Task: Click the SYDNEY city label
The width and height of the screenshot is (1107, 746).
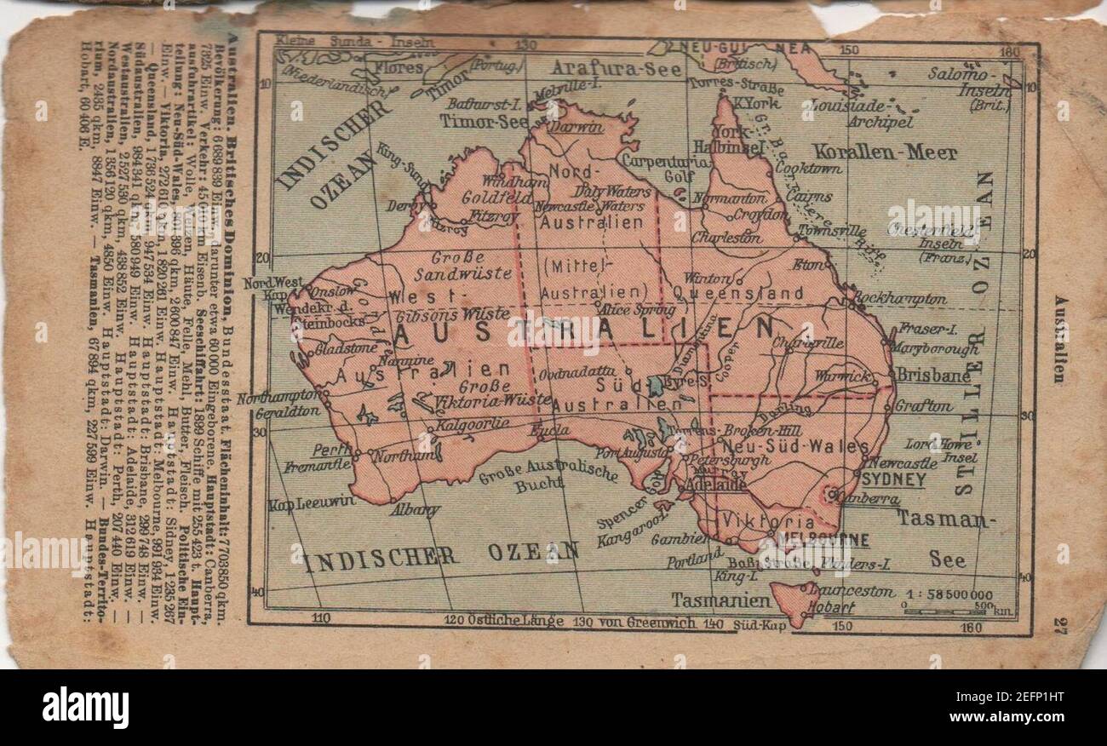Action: pyautogui.click(x=894, y=480)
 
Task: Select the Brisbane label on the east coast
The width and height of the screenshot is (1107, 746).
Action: pyautogui.click(x=932, y=376)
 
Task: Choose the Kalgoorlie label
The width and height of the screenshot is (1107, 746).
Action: pyautogui.click(x=473, y=423)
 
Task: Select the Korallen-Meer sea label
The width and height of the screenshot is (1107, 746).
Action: pyautogui.click(x=884, y=153)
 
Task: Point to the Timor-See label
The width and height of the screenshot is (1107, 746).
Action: pyautogui.click(x=484, y=121)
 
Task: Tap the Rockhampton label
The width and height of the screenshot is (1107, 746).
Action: pyautogui.click(x=899, y=299)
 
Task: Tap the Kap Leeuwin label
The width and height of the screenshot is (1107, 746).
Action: pyautogui.click(x=311, y=502)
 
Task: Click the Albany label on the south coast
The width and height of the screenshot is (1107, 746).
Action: pyautogui.click(x=415, y=511)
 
